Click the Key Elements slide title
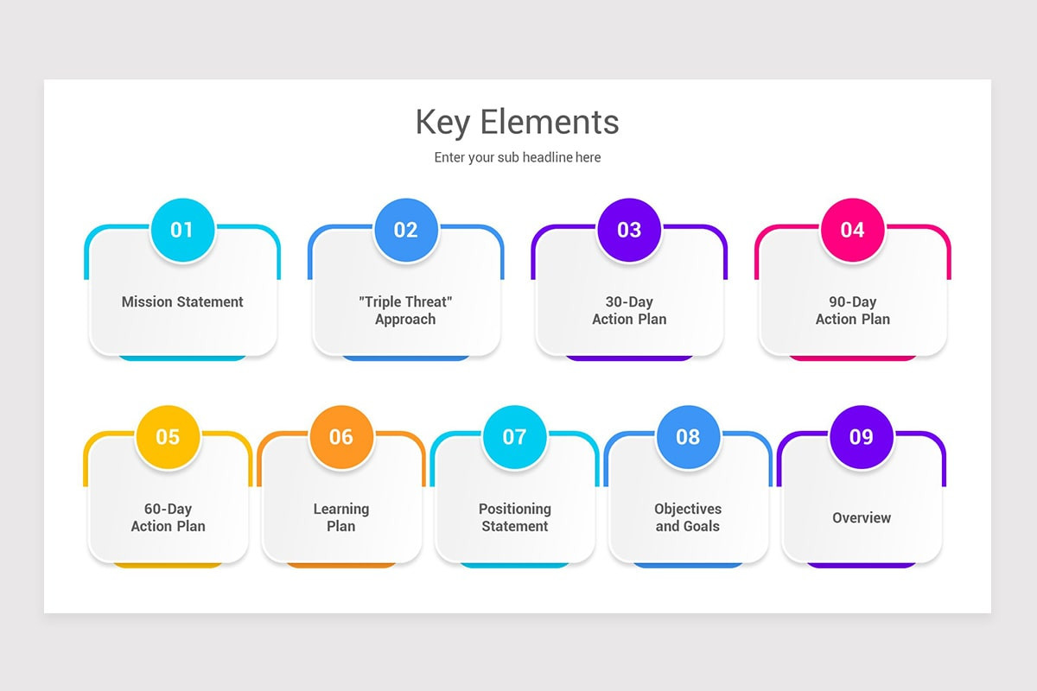[x=517, y=122]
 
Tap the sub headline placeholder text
[x=517, y=157]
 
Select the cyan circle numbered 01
[x=182, y=230]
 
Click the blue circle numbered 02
[x=406, y=230]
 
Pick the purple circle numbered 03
[x=629, y=230]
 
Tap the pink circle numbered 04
[x=852, y=230]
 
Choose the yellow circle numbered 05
[x=168, y=437]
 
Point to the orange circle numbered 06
[x=341, y=437]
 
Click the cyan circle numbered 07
[x=515, y=437]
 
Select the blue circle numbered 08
[x=688, y=437]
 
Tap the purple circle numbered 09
[x=862, y=437]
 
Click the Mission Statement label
[x=182, y=301]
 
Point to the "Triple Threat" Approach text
[x=405, y=311]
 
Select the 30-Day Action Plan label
[x=629, y=311]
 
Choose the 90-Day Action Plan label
[x=853, y=311]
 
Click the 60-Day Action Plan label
[x=168, y=517]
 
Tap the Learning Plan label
[x=341, y=517]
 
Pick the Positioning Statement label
[x=515, y=517]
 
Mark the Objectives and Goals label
[x=688, y=517]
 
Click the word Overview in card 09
[x=862, y=518]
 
